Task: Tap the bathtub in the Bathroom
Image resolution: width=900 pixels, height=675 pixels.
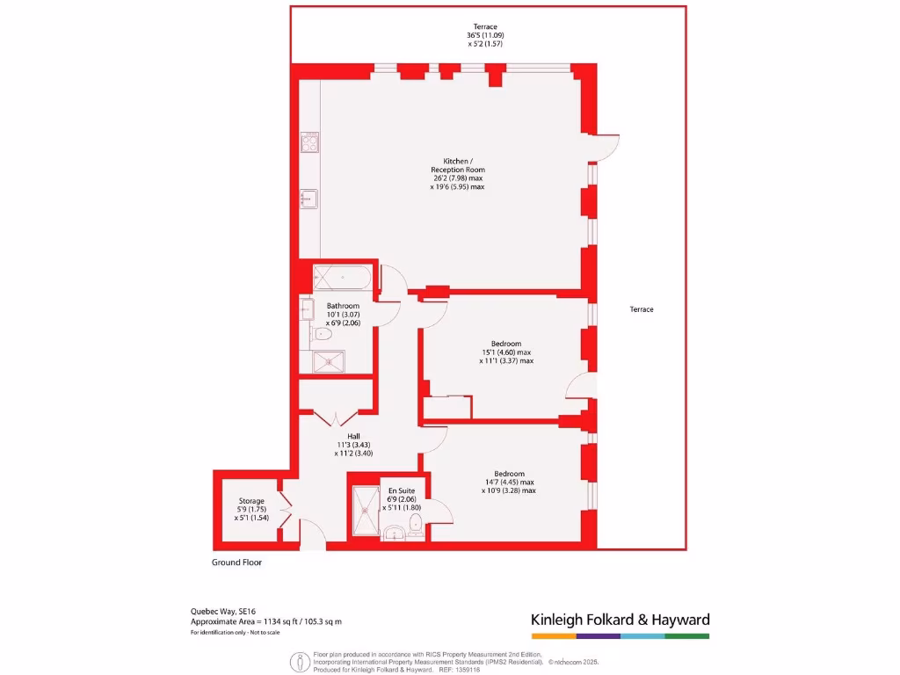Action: point(342,279)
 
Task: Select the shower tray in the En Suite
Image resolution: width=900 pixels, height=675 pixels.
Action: point(366,511)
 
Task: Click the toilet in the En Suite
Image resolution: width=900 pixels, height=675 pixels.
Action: point(416,526)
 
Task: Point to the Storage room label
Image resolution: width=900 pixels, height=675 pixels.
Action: point(251,501)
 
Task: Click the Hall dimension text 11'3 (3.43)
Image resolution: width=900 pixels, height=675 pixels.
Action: point(353,445)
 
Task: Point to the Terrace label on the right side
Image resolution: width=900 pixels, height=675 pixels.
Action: point(642,309)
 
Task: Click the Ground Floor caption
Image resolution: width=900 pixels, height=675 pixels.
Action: point(236,562)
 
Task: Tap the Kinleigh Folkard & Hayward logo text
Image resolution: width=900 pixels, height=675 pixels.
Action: point(620,620)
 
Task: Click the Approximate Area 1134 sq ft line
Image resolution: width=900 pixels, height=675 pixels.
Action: point(266,621)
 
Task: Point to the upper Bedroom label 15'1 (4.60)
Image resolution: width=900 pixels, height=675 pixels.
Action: point(506,344)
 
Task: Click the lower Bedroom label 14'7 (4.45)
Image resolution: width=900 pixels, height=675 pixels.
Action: point(509,474)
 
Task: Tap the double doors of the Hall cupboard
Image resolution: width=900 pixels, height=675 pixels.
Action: point(336,419)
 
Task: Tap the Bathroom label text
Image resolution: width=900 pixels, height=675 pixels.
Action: point(343,306)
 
